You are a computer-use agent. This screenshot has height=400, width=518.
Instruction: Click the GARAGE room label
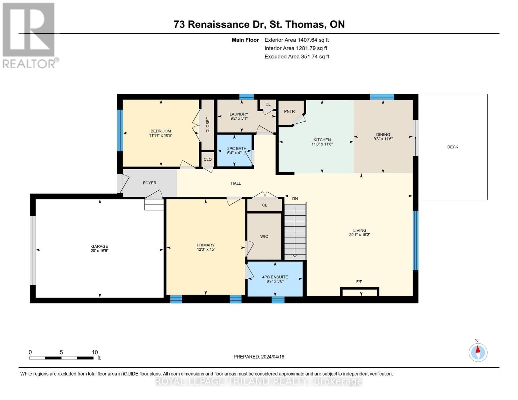tap(99, 246)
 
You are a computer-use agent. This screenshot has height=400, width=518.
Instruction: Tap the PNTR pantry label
tap(289, 111)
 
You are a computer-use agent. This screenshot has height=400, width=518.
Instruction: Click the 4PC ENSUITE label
tap(275, 277)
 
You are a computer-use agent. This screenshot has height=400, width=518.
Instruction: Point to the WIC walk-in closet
tap(264, 237)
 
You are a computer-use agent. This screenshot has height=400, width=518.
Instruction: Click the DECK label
tap(452, 147)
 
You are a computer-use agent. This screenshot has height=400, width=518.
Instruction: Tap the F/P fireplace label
tap(359, 282)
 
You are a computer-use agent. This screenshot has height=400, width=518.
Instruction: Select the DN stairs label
tap(295, 199)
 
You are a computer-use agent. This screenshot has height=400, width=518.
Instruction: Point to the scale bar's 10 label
tap(95, 352)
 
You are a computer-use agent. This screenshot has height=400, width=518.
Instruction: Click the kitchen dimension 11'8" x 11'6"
tap(322, 144)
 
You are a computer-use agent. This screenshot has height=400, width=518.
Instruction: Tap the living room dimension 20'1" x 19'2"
tap(360, 235)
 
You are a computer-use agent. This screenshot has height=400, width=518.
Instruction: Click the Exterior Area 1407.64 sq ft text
tap(297, 40)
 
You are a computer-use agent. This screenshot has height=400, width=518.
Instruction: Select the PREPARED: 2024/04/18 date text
tap(259, 357)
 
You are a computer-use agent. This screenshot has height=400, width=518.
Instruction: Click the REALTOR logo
tap(29, 35)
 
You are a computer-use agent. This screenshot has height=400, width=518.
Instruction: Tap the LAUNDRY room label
tap(239, 114)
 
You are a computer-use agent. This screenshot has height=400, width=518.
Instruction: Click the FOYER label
tap(149, 183)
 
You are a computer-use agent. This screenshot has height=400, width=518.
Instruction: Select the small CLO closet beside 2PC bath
tap(207, 159)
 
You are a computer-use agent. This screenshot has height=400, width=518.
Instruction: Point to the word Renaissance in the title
tap(219, 24)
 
